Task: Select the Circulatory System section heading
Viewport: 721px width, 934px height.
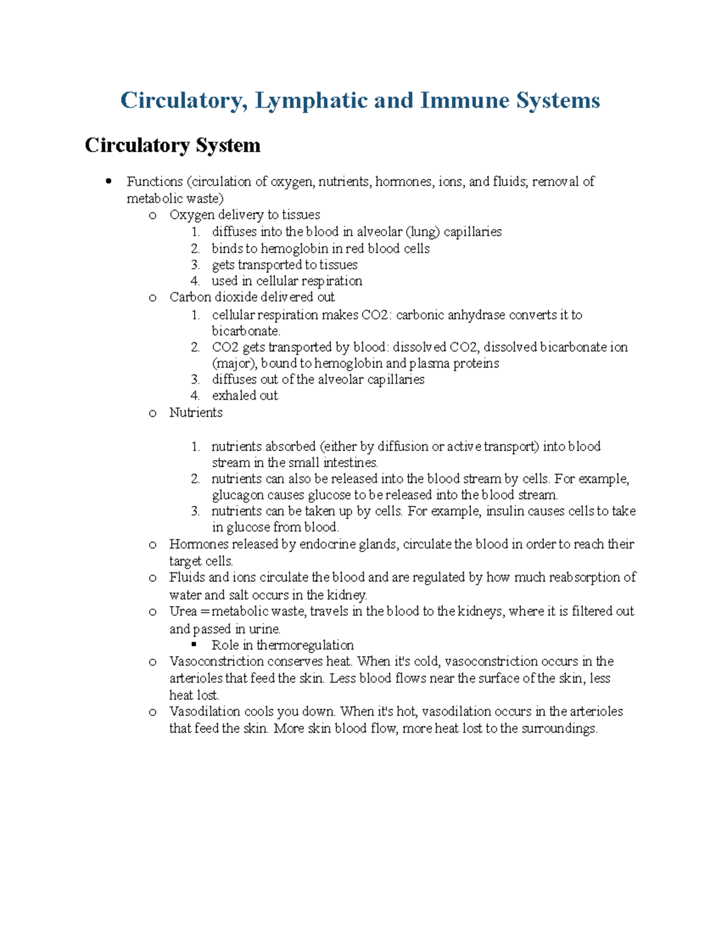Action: [172, 146]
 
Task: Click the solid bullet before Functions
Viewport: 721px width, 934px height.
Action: [108, 181]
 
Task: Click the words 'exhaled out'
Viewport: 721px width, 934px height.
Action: [245, 395]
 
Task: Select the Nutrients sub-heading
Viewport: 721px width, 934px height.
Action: [196, 413]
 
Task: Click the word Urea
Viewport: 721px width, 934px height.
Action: [183, 612]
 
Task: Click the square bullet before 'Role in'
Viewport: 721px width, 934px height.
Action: [194, 645]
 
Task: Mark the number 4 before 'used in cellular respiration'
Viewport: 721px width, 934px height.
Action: [195, 281]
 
